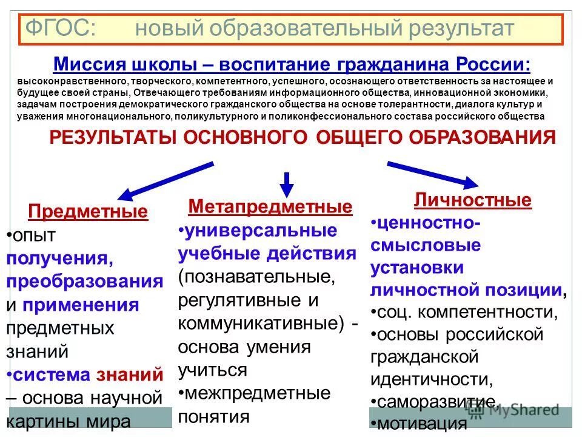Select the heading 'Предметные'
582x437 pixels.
pos(88,212)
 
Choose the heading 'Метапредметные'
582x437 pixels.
pos(270,207)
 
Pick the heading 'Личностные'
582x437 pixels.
pos(473,200)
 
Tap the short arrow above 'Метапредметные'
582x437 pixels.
pos(287,183)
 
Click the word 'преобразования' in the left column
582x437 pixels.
pos(85,282)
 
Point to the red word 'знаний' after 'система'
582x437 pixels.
pos(130,374)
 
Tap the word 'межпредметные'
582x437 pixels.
pos(258,393)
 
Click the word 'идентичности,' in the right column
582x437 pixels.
pos(431,379)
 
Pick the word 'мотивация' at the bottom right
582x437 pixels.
pos(421,423)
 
